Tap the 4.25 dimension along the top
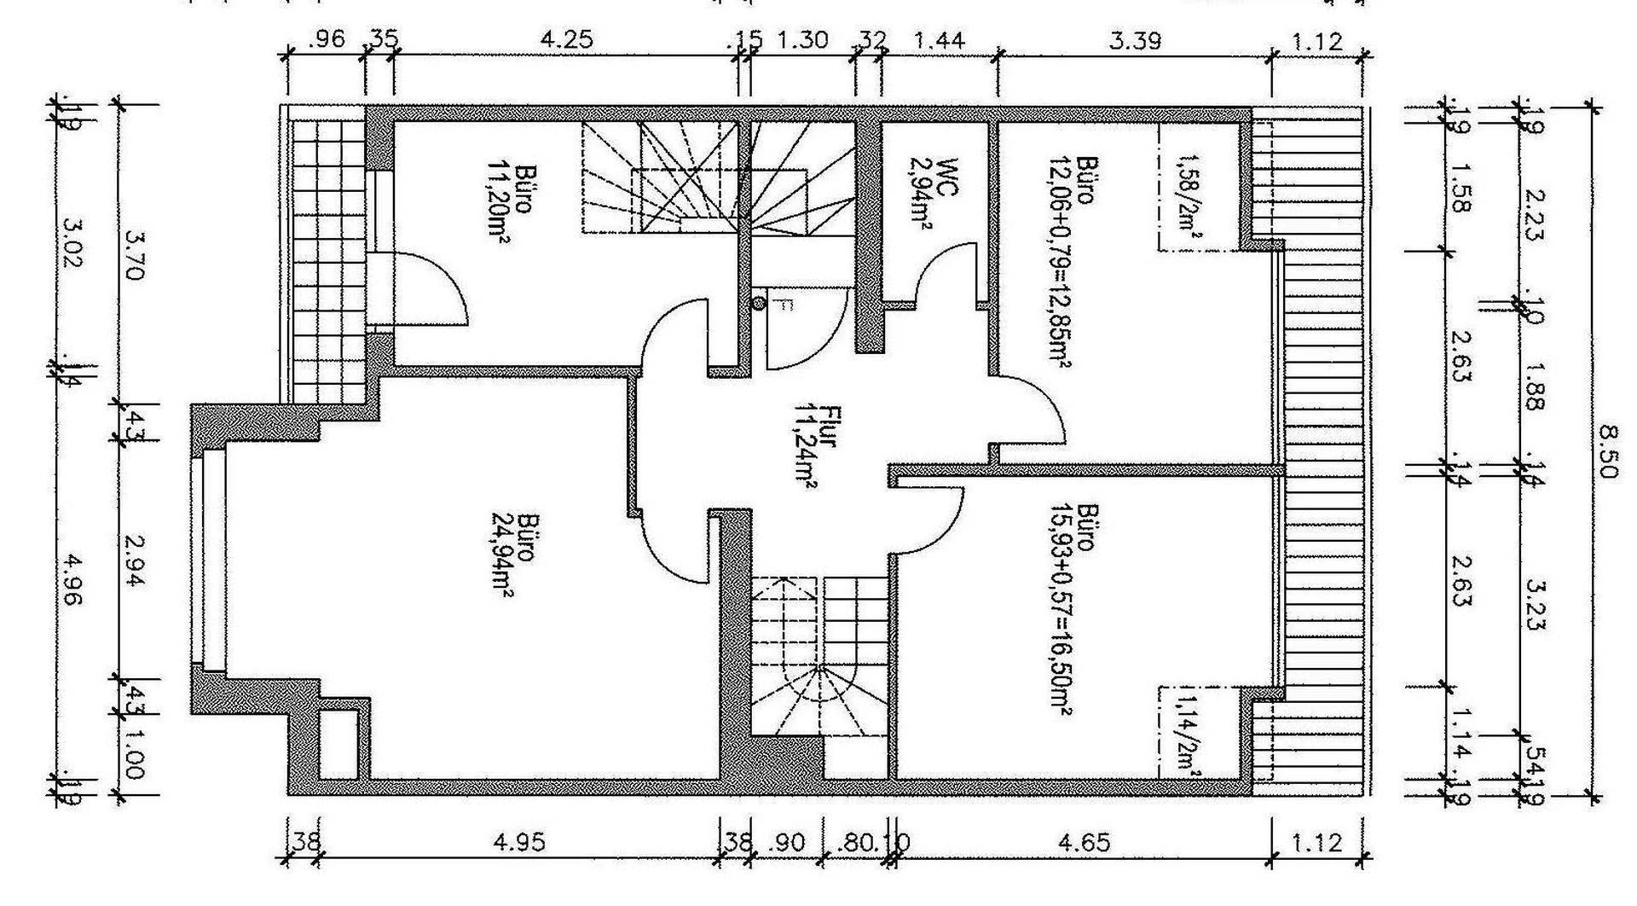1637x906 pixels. (x=567, y=39)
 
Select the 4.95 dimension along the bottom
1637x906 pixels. (x=518, y=843)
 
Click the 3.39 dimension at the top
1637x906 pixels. (x=1135, y=39)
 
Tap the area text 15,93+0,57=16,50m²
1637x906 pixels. (x=1060, y=607)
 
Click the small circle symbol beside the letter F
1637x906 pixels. (x=758, y=303)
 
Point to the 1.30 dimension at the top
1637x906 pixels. (x=802, y=39)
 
